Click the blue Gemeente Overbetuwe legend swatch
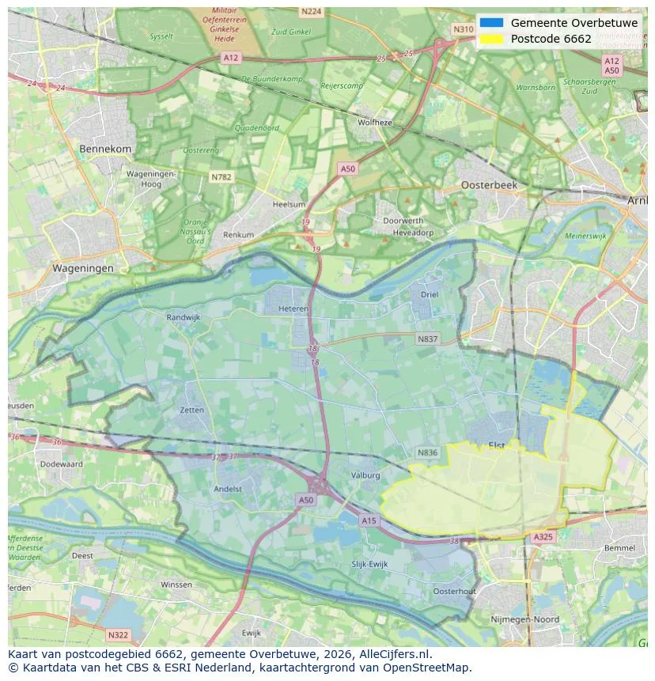tap(491, 23)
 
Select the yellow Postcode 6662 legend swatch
tap(491, 39)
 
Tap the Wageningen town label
tap(83, 268)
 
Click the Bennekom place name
tap(105, 149)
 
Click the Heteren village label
tap(293, 309)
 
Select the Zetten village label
tap(191, 410)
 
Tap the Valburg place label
tap(365, 475)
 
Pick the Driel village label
tap(430, 294)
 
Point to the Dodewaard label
tap(61, 464)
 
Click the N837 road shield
tap(427, 339)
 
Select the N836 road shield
tap(427, 452)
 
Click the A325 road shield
tap(543, 537)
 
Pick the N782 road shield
tap(221, 177)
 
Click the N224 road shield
tap(311, 11)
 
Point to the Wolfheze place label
tap(375, 123)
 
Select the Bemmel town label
tap(619, 547)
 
